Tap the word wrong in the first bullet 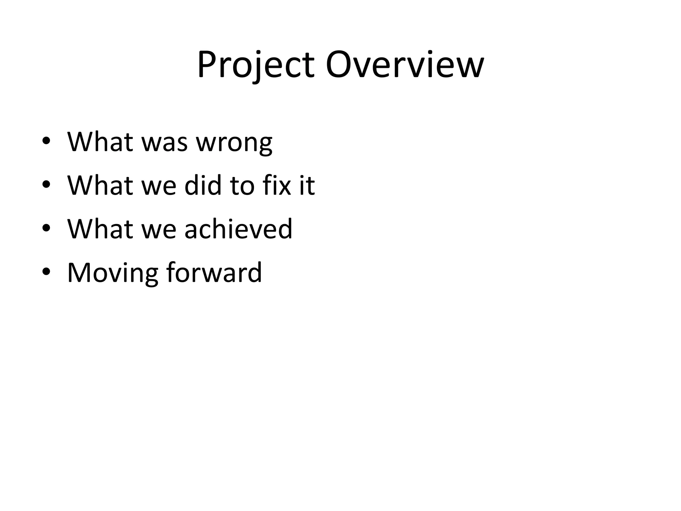(x=234, y=143)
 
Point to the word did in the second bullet (x=203, y=185)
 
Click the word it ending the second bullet (x=307, y=185)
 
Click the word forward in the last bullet (x=214, y=273)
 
